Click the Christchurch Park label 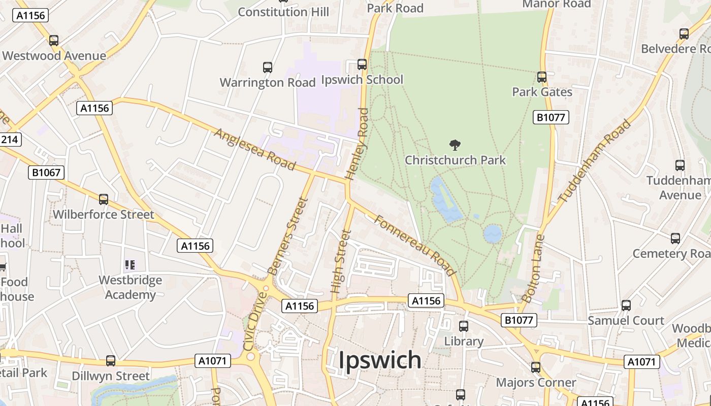(x=455, y=160)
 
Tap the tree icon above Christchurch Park (x=455, y=146)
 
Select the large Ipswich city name (x=380, y=360)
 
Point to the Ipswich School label (x=363, y=80)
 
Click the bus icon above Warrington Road (x=268, y=67)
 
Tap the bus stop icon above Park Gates (x=542, y=77)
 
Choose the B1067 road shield (x=46, y=173)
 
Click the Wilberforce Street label (x=103, y=215)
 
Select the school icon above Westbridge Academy (x=130, y=264)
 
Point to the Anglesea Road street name (x=255, y=149)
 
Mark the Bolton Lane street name (x=533, y=269)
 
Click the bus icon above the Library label (x=464, y=326)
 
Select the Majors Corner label (x=536, y=383)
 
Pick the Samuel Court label (x=626, y=321)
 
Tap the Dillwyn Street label (x=111, y=376)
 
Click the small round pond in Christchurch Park (x=493, y=234)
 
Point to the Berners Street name (x=288, y=236)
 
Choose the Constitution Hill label (x=283, y=12)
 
